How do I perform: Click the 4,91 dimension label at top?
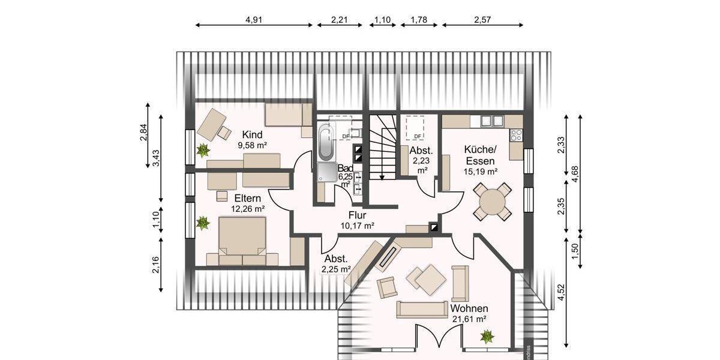[254, 19]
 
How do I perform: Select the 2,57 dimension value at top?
[482, 19]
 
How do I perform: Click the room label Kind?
[252, 134]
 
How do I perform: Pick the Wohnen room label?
[469, 308]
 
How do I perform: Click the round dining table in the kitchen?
[492, 202]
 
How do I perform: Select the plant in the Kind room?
[203, 149]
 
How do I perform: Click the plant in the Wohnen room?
[487, 336]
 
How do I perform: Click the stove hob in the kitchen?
[516, 135]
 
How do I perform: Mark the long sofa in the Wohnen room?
[422, 310]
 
